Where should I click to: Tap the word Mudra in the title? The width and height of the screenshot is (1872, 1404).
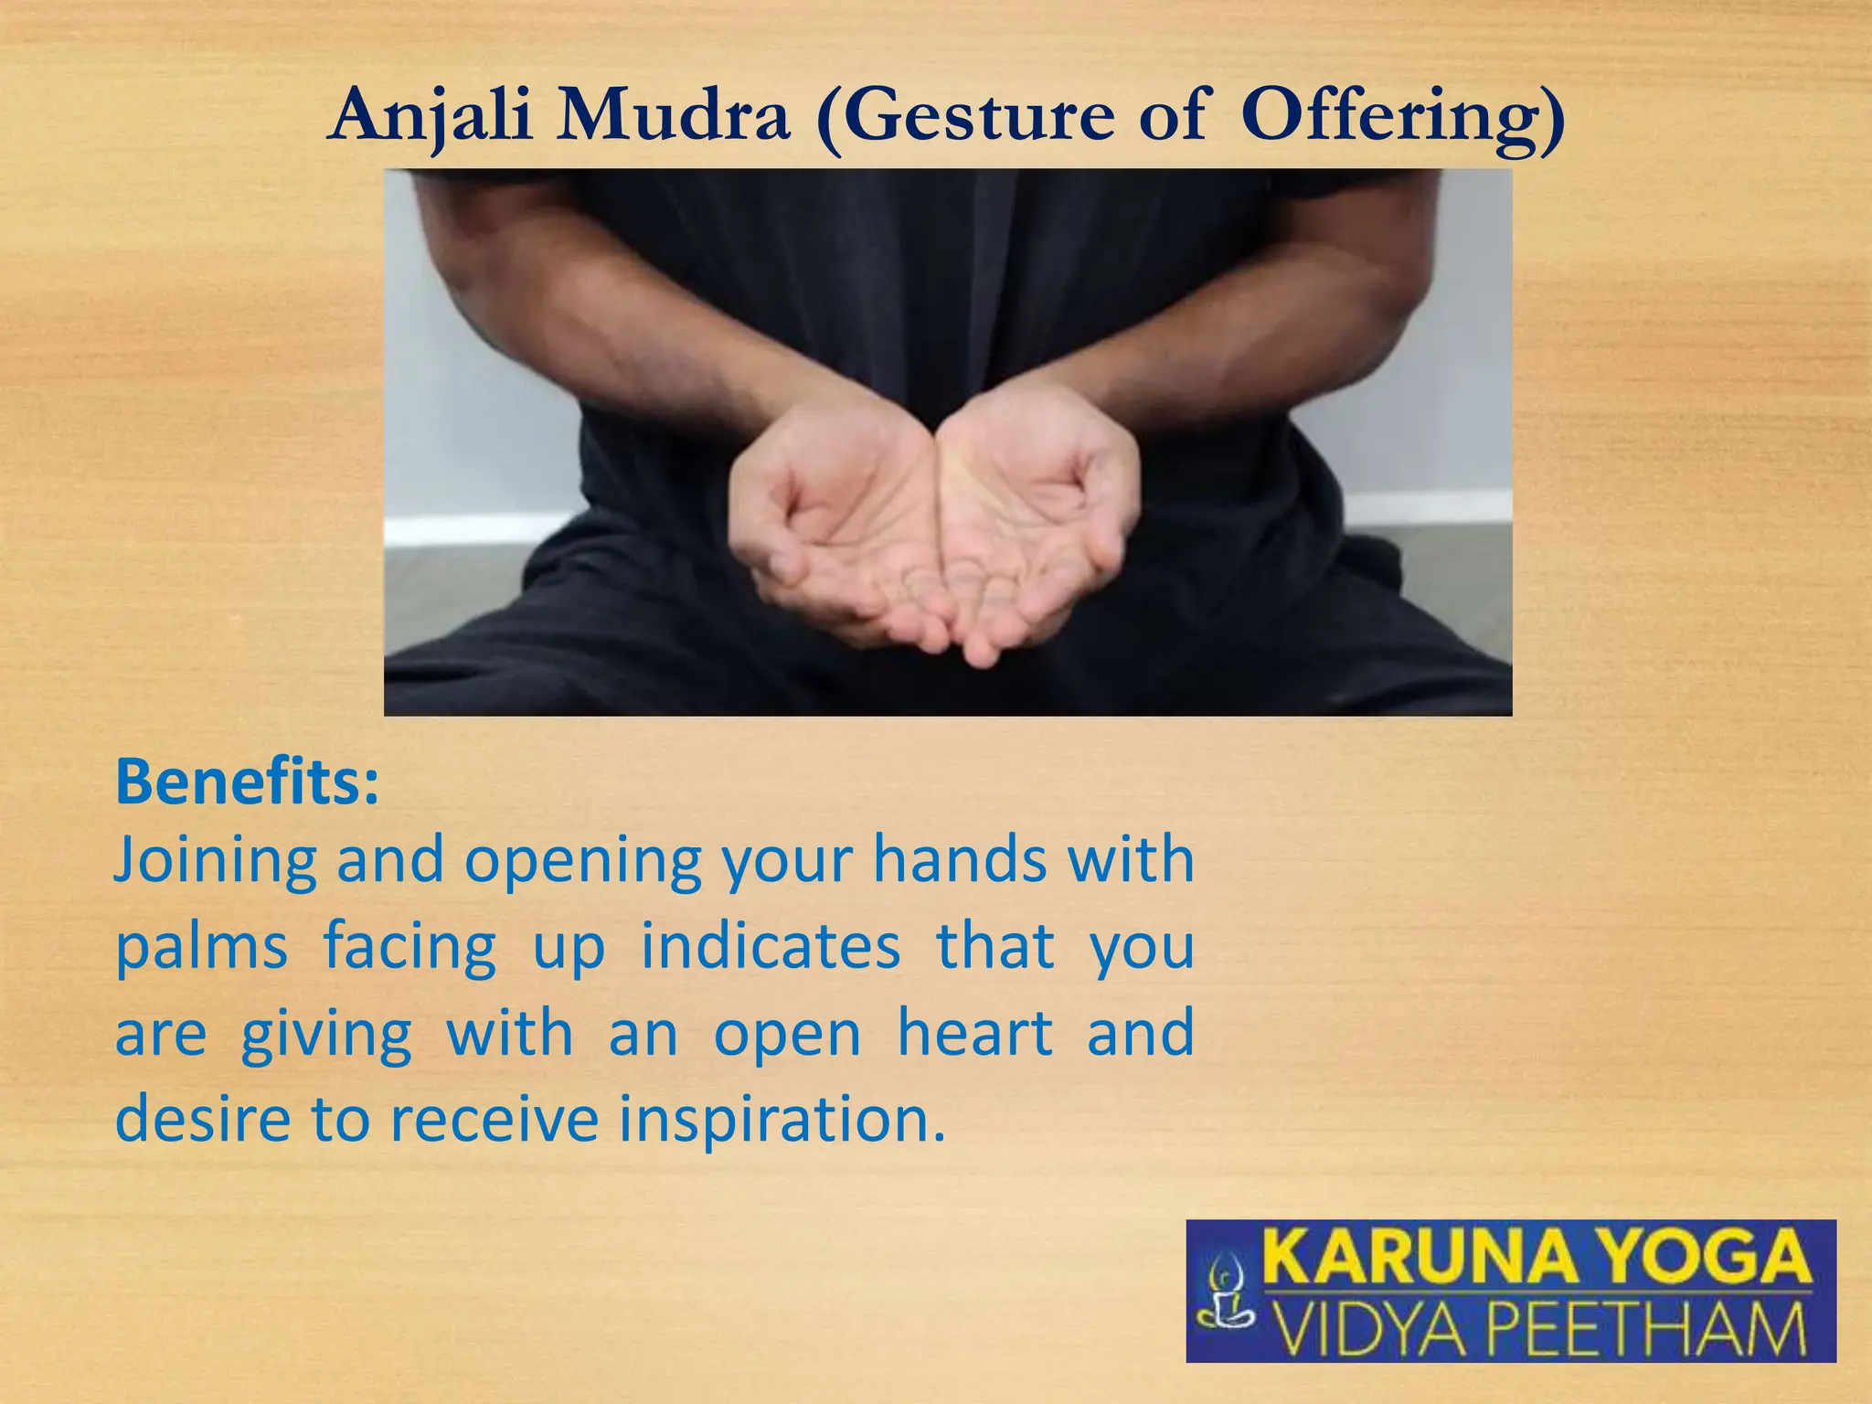pos(673,117)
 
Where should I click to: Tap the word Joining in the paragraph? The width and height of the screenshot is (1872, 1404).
pos(216,862)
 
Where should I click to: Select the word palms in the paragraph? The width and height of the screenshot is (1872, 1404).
pos(201,948)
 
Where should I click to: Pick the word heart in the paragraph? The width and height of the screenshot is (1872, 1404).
pos(975,1033)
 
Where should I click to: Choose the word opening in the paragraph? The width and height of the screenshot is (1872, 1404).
pos(583,862)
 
